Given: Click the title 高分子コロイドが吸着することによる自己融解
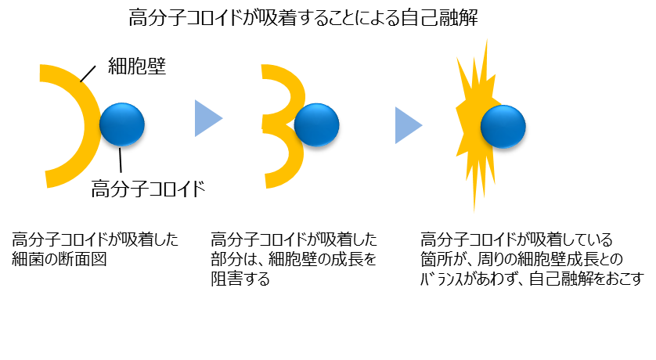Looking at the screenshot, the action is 303,18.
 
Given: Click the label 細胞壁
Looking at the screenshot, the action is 137,66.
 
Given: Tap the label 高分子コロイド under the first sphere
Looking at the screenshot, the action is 148,189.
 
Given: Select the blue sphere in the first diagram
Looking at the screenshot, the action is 122,124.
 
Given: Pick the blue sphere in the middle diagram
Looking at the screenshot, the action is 317,124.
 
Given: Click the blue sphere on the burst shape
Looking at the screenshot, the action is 503,126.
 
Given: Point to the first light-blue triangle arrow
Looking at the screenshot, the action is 208,118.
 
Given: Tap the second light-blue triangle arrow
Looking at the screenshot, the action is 409,125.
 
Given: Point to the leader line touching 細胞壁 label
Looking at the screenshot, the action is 88,74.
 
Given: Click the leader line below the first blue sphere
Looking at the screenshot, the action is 121,160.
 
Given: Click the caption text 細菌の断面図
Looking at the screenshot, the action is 59,259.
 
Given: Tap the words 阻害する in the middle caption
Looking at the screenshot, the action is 240,279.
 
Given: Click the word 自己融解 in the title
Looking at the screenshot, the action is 439,18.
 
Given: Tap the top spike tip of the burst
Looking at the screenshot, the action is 487,39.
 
